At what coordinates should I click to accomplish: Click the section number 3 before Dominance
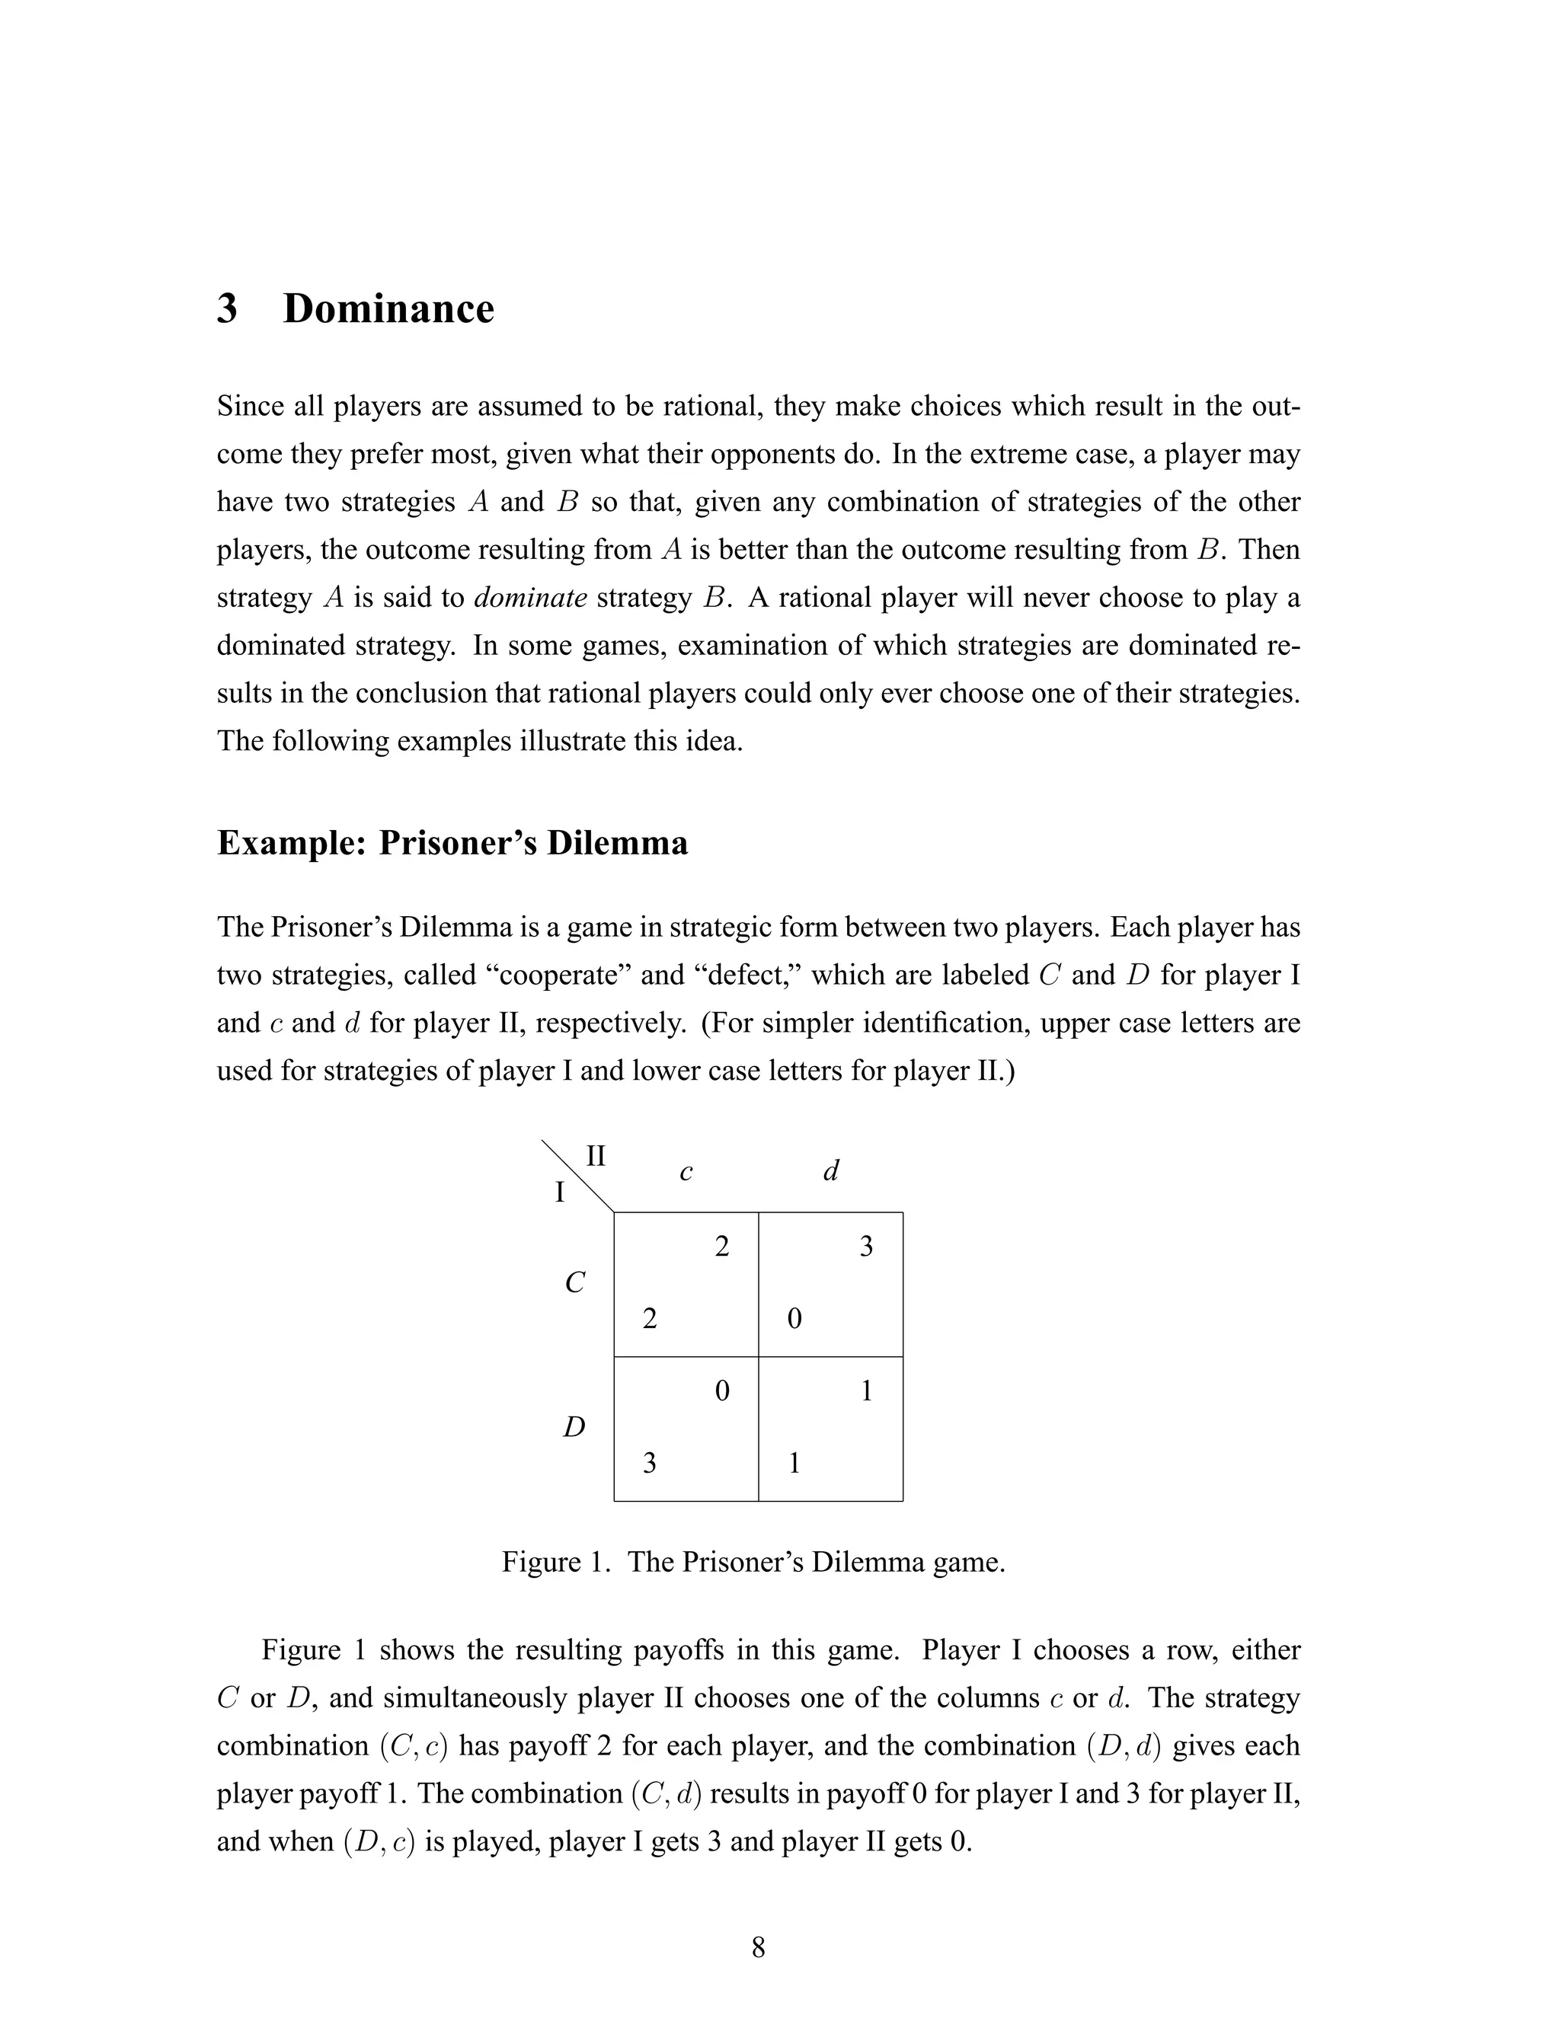click(x=226, y=308)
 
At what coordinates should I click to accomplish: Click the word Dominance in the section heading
click(x=388, y=308)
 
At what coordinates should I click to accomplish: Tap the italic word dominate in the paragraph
click(x=530, y=598)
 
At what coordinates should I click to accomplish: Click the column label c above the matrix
click(x=686, y=1173)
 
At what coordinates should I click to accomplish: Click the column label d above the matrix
click(x=831, y=1172)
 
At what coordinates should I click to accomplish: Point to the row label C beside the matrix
click(x=575, y=1282)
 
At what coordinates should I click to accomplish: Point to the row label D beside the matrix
click(x=575, y=1428)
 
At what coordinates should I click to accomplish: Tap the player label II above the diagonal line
click(x=596, y=1156)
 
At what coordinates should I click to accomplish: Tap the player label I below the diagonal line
click(x=559, y=1193)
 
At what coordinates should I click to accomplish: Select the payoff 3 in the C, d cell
click(x=866, y=1247)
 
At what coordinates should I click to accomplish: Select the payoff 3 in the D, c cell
click(x=650, y=1463)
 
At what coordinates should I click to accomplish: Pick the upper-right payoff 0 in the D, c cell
click(x=722, y=1391)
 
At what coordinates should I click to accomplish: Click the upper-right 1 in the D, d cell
click(x=866, y=1391)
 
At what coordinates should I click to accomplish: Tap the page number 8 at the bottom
click(x=758, y=1948)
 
